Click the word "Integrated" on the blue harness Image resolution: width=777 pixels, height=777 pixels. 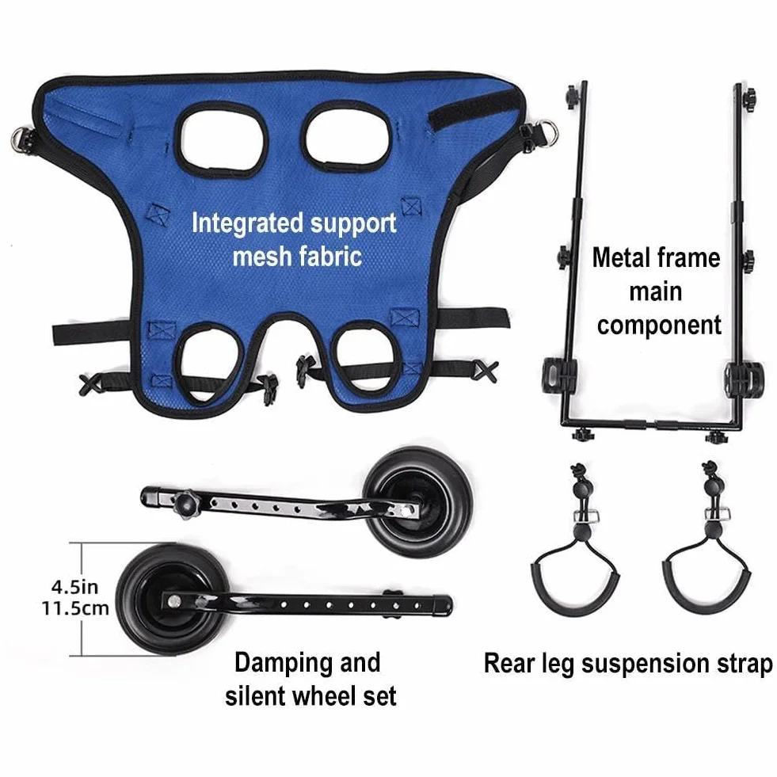(247, 223)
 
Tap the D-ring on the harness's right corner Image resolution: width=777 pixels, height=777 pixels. (547, 132)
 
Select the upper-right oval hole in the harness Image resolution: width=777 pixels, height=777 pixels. (349, 135)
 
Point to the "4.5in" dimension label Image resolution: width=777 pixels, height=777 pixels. (74, 587)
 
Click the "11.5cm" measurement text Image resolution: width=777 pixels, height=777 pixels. (74, 608)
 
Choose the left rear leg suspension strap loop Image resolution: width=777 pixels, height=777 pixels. (576, 576)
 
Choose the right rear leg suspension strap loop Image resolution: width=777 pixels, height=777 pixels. (707, 576)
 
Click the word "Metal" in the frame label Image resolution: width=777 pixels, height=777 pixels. (623, 257)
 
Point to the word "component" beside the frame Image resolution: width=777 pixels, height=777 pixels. (659, 326)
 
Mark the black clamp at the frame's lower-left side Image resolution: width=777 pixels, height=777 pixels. (559, 375)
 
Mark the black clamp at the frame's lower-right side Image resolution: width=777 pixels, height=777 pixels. (745, 379)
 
